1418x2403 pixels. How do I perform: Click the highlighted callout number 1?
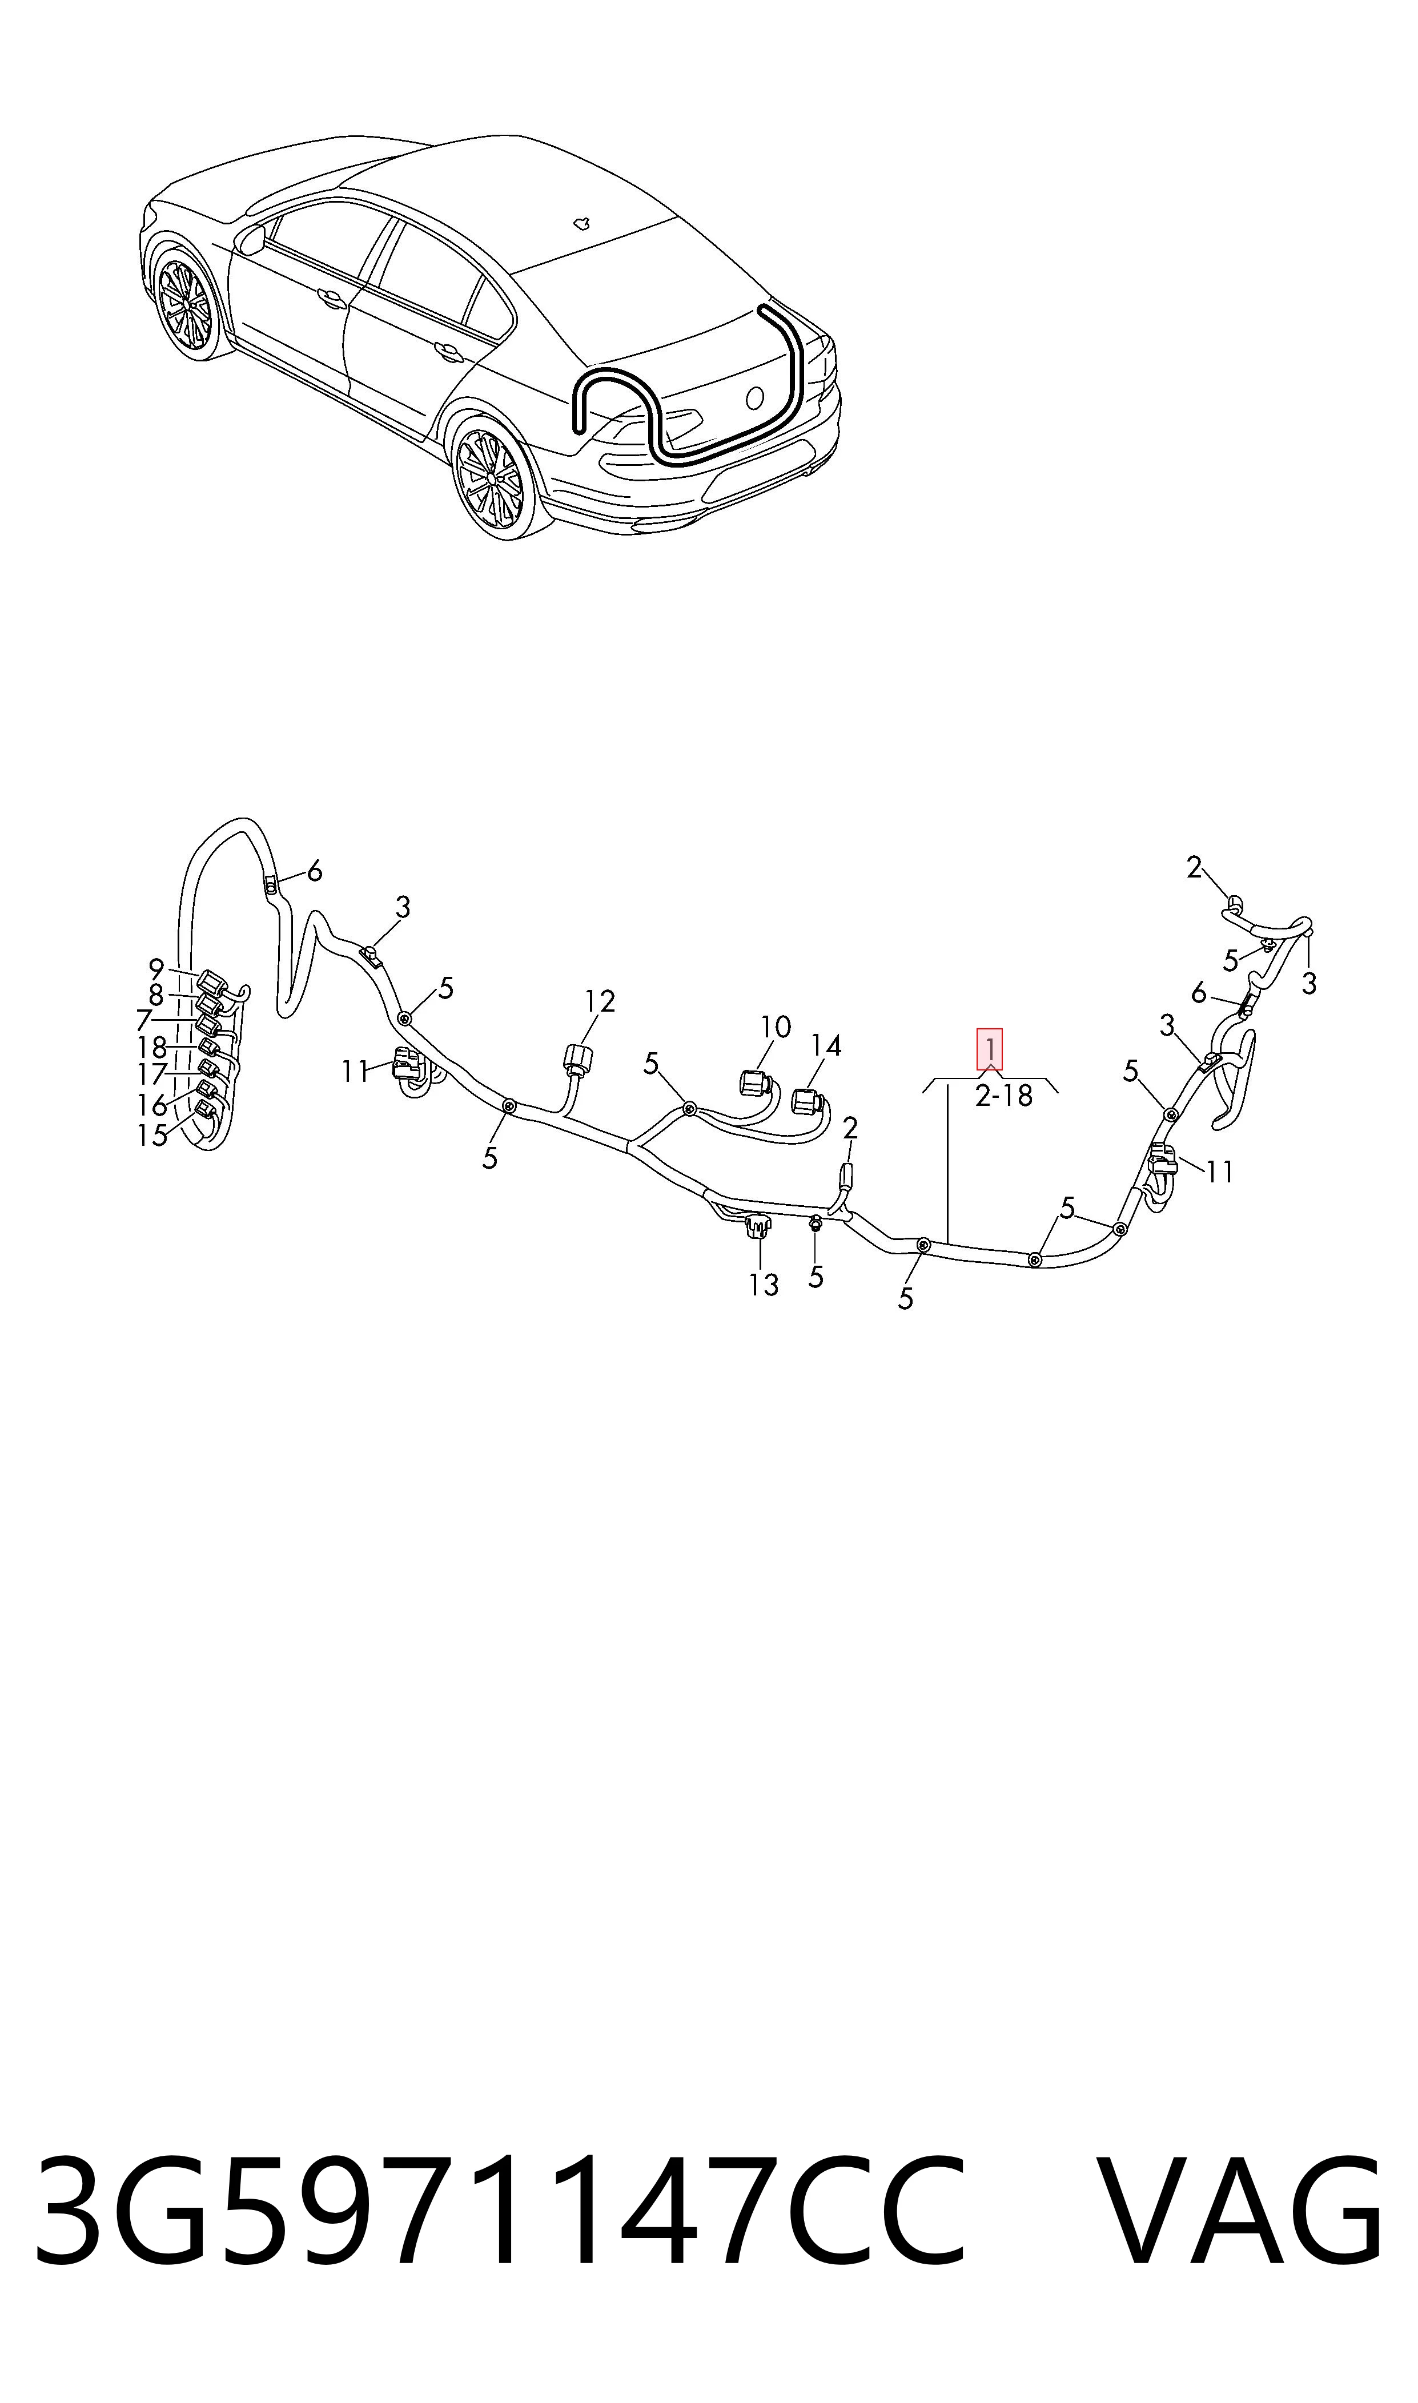pyautogui.click(x=989, y=1049)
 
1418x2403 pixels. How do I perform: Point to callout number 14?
pyautogui.click(x=826, y=1046)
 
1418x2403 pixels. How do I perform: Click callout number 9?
pyautogui.click(x=156, y=968)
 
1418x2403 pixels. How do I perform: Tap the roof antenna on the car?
pyautogui.click(x=581, y=223)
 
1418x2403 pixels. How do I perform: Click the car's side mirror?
pyautogui.click(x=252, y=240)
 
